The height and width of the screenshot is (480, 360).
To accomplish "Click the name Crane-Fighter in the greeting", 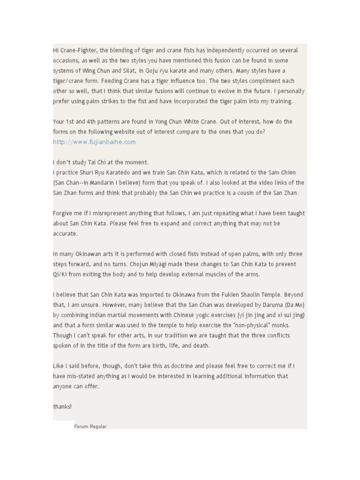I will click(x=76, y=50).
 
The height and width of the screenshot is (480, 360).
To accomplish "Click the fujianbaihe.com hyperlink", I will click(x=94, y=142).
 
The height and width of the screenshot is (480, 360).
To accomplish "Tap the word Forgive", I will click(x=63, y=213).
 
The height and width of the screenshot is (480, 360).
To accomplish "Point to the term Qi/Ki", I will click(x=61, y=275).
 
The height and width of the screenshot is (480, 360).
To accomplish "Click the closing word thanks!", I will click(x=62, y=407).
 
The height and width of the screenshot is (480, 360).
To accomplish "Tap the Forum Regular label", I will click(x=90, y=427).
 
